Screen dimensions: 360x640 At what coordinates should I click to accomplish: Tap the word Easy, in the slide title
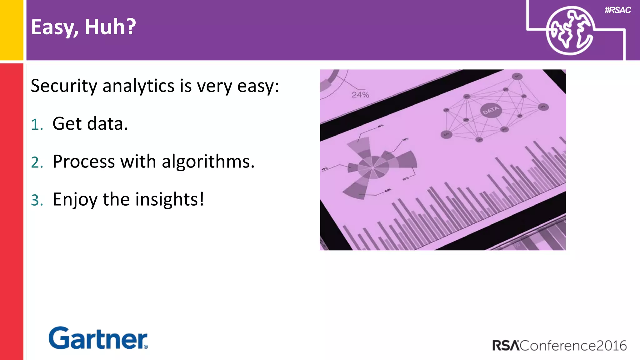(54, 27)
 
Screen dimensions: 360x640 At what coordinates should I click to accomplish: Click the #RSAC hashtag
(617, 10)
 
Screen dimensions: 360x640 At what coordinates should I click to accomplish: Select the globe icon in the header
(569, 31)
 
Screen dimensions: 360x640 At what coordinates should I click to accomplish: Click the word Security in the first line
(64, 86)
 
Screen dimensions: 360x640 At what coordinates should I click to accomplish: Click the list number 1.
(37, 124)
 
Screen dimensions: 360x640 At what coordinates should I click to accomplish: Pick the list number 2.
(37, 162)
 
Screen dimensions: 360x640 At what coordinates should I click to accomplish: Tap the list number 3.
(37, 200)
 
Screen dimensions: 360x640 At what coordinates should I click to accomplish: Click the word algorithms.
(208, 162)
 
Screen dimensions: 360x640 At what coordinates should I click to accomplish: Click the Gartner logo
(98, 338)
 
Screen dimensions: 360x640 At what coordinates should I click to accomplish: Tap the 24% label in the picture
(360, 95)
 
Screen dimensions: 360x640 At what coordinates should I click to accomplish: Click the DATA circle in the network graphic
(491, 110)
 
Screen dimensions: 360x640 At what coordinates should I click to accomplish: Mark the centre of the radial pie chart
(373, 168)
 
